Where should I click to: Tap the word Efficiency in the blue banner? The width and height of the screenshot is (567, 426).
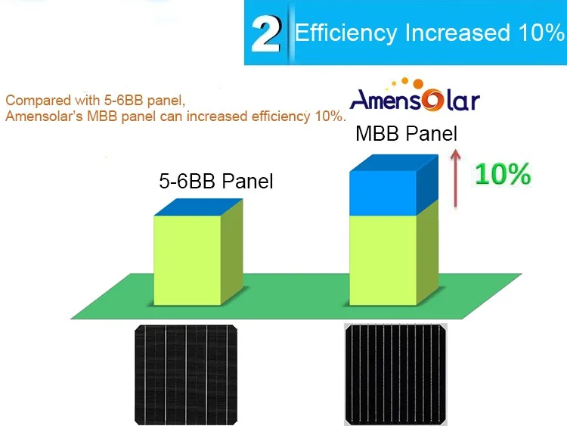[345, 33]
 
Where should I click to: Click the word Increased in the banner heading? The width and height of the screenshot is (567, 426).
[457, 33]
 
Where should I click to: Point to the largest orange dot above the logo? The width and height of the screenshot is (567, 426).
[418, 84]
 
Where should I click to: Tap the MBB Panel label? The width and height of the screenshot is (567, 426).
[407, 134]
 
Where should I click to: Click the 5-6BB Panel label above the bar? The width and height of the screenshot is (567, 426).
[216, 181]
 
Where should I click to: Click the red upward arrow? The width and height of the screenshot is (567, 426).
[456, 178]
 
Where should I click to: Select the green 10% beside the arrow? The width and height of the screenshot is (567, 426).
[503, 175]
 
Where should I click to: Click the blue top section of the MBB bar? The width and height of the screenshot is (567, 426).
[383, 192]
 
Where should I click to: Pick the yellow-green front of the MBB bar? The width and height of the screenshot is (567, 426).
[383, 260]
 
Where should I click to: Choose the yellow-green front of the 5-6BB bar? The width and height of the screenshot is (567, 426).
[187, 260]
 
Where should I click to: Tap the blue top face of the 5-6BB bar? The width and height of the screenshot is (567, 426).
[198, 207]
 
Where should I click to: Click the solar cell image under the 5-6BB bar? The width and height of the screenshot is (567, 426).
[186, 375]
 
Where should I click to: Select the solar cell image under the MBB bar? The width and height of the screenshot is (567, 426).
[395, 375]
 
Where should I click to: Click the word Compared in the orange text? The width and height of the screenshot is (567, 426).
[39, 101]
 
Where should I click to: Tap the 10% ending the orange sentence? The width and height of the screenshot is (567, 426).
[328, 117]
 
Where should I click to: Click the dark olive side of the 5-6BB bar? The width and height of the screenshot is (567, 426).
[232, 251]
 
